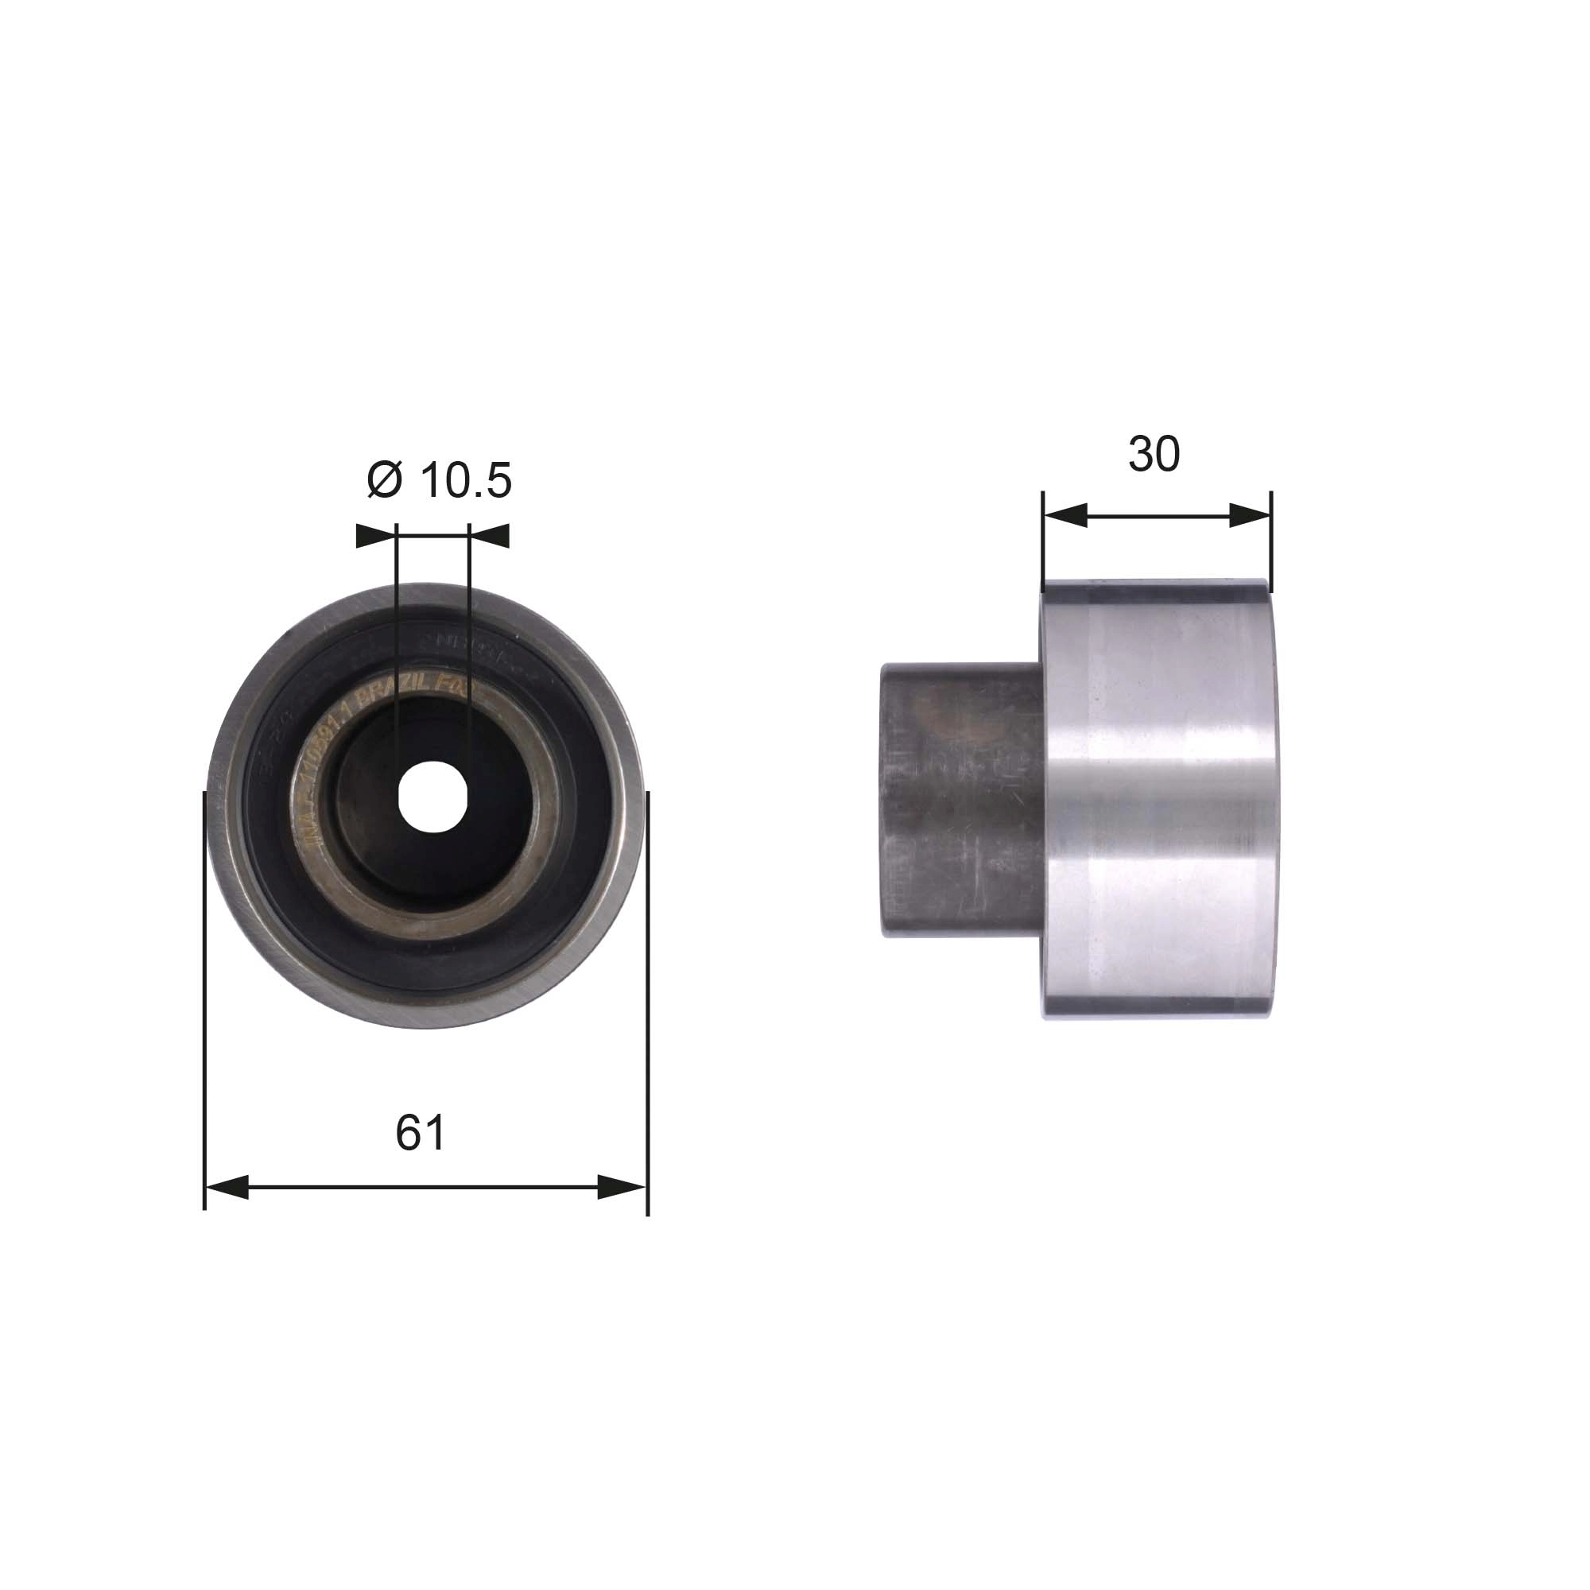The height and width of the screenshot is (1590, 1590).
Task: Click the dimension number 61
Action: [x=420, y=1133]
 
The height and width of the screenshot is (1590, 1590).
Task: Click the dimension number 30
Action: [x=1154, y=453]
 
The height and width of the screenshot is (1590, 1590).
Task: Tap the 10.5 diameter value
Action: [x=466, y=481]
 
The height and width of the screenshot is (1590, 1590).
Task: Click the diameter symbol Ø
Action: [x=384, y=481]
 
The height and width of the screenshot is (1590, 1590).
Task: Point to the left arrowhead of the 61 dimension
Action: [x=227, y=1187]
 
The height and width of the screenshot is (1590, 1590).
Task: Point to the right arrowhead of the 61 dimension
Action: [x=622, y=1187]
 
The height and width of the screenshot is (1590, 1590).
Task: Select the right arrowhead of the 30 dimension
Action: [x=1250, y=516]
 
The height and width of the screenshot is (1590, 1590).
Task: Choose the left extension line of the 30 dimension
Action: [x=1043, y=539]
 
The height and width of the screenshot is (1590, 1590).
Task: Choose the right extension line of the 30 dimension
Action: [x=1271, y=539]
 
